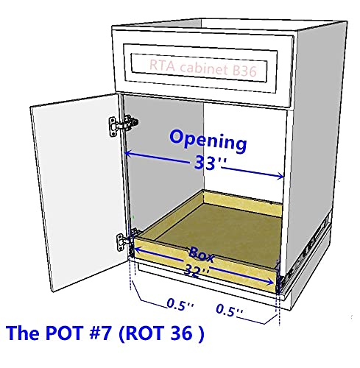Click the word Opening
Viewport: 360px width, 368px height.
coord(208,141)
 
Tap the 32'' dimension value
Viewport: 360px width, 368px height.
coord(197,271)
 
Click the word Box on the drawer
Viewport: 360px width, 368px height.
coord(201,254)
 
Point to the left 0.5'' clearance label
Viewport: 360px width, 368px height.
coord(180,305)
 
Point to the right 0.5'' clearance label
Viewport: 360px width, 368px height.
coord(230,311)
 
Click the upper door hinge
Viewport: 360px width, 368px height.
coord(123,125)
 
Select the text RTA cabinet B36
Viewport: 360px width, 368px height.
coord(202,68)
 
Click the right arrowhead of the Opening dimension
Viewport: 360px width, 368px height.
coord(280,176)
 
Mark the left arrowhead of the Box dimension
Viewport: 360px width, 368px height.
coord(138,250)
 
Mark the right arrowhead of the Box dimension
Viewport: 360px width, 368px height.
coord(270,282)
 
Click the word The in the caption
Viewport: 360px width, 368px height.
coord(24,333)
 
